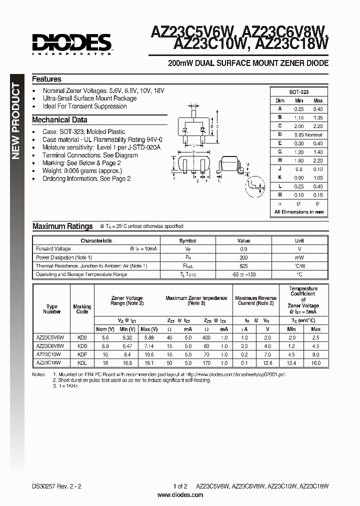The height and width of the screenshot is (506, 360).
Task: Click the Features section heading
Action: pyautogui.click(x=46, y=79)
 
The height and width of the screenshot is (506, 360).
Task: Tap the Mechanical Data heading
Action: pyautogui.click(x=59, y=120)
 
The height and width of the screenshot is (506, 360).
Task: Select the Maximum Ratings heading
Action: pyautogui.click(x=62, y=226)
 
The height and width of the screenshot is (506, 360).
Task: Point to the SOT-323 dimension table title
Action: pyautogui.click(x=299, y=92)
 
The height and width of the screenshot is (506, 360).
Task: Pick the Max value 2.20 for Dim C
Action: pyautogui.click(x=317, y=126)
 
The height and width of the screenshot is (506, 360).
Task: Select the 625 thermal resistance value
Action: pyautogui.click(x=243, y=266)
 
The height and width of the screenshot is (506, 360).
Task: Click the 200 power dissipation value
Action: pyautogui.click(x=243, y=257)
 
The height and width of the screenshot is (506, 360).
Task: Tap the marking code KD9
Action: pyautogui.click(x=82, y=337)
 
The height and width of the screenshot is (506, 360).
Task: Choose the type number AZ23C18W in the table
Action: pyautogui.click(x=48, y=363)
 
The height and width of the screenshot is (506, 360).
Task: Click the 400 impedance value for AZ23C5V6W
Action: pyautogui.click(x=206, y=337)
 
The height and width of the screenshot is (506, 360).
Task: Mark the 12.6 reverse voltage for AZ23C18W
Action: pyautogui.click(x=267, y=363)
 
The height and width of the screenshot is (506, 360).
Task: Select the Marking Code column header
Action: pyautogui.click(x=82, y=309)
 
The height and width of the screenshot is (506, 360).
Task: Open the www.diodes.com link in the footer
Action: pyautogui.click(x=180, y=495)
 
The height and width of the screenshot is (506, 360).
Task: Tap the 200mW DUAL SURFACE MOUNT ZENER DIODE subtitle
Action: pyautogui.click(x=248, y=63)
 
